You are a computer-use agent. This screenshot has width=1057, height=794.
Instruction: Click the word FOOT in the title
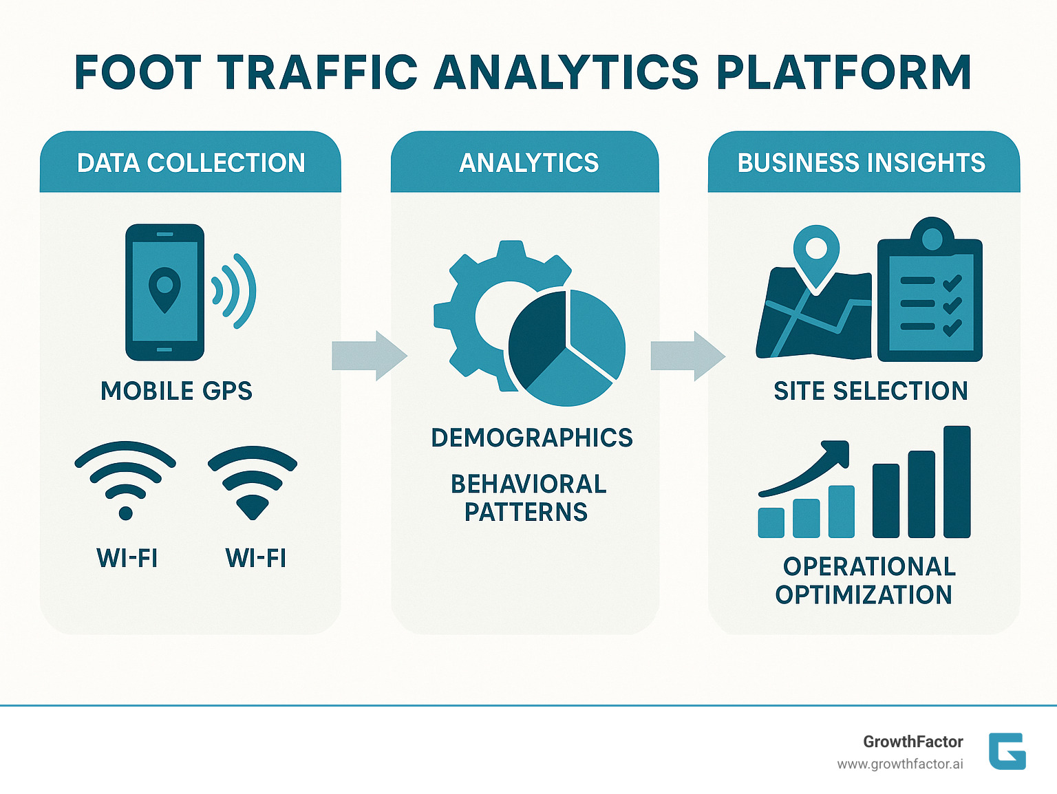[138, 72]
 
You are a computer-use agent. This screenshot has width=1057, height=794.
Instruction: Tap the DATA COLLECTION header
[191, 163]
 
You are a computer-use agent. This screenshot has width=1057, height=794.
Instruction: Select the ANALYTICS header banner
[528, 163]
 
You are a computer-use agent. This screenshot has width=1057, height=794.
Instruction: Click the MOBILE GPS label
[176, 391]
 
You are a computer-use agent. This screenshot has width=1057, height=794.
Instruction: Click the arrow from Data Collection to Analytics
[369, 356]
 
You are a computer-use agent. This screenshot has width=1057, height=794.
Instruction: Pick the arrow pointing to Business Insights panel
[687, 356]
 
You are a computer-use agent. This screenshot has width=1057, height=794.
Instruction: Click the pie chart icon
[567, 347]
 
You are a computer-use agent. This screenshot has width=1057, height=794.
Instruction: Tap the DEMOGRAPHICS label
[531, 438]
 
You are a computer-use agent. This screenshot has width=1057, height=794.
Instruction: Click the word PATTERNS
[526, 512]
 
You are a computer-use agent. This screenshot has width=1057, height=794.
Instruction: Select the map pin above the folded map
[816, 251]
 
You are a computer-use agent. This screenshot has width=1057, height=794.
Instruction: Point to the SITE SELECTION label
[871, 391]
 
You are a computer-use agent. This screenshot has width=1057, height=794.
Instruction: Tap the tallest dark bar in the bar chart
[957, 482]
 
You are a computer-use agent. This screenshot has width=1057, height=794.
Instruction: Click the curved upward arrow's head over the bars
[837, 454]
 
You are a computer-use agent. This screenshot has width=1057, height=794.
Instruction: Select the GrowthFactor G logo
[1007, 751]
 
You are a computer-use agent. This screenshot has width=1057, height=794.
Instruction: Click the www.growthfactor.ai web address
[899, 764]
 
